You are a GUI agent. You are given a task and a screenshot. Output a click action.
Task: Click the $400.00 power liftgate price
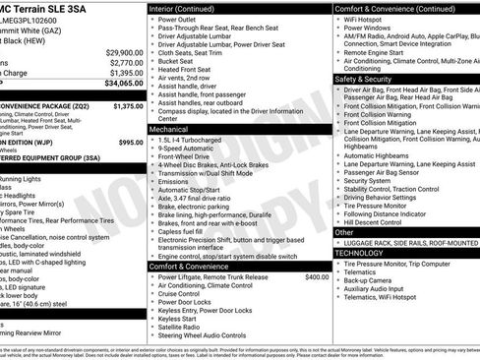[x=316, y=277]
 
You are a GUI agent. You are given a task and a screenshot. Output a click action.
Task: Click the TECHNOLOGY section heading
[x=360, y=253]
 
